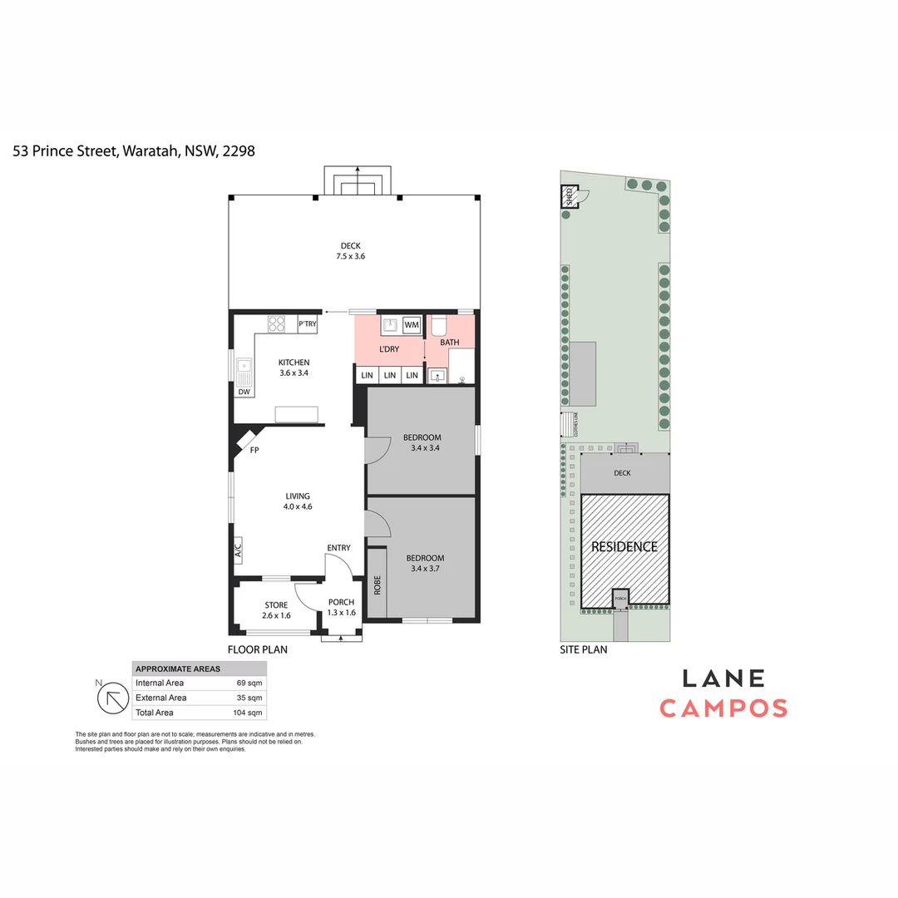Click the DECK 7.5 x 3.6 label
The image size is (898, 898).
point(351,251)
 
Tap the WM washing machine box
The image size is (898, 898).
point(412,324)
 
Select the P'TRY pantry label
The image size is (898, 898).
point(307,324)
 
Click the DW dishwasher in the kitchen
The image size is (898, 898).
point(244,392)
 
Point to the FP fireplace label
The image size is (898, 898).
point(254,450)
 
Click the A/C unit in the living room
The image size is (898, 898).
point(238,550)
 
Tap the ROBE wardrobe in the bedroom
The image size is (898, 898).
point(377,585)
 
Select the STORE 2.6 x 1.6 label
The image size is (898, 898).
point(276,610)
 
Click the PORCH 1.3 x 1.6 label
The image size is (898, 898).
point(341,608)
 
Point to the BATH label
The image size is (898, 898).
point(449,343)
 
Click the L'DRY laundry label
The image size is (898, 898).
point(389,349)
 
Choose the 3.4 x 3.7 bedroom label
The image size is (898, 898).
point(424,563)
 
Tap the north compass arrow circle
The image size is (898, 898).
point(111,698)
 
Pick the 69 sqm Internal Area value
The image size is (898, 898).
point(249,683)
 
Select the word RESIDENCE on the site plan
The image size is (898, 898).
point(624,547)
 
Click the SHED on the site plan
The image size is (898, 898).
point(570,197)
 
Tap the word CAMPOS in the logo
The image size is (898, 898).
point(723,708)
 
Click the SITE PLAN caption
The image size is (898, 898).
point(583,650)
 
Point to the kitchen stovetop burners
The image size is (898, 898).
point(277,324)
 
